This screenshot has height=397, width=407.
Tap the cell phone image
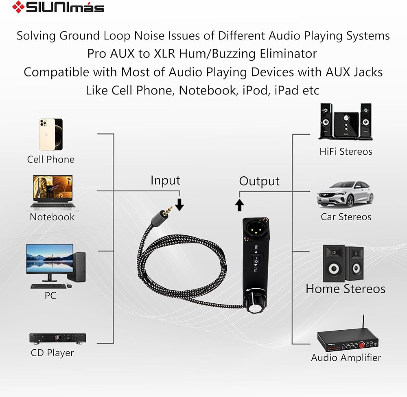[50, 134]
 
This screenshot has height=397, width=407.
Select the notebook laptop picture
[52, 192]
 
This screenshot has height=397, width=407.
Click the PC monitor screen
[49, 259]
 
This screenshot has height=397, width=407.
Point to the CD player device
[57, 338]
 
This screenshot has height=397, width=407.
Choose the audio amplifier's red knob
[361, 345]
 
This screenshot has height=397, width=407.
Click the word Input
[165, 180]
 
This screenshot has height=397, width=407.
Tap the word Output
[259, 181]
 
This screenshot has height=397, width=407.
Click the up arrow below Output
[240, 204]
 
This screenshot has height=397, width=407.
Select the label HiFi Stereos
[346, 151]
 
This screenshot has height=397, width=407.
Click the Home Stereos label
[346, 289]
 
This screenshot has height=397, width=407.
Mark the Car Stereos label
[346, 217]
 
